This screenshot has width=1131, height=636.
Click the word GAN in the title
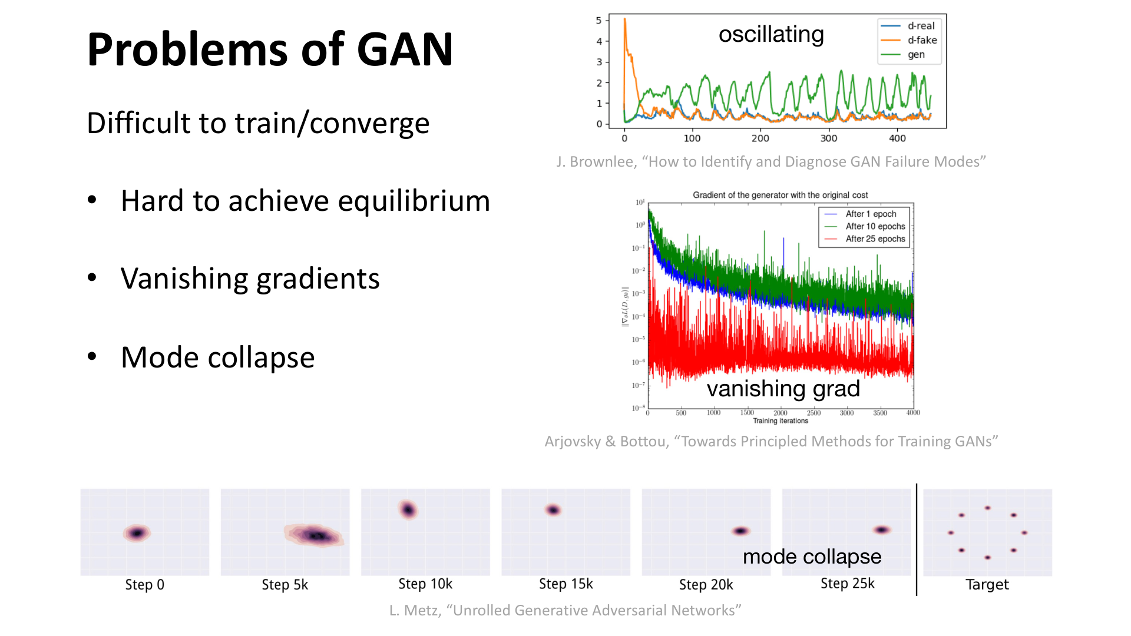tap(405, 49)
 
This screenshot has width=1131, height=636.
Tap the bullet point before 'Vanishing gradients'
tap(92, 277)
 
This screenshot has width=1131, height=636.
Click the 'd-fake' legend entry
tap(922, 40)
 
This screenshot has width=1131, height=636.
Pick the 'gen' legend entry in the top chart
tap(916, 55)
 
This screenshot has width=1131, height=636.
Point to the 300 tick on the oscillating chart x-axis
tap(828, 138)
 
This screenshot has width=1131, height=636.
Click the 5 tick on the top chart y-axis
tap(599, 21)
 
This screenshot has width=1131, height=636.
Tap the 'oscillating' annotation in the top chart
tap(770, 34)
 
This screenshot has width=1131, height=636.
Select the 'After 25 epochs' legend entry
tap(875, 238)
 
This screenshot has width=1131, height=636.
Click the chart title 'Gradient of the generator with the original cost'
tap(780, 195)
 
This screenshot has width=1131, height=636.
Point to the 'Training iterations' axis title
tap(780, 421)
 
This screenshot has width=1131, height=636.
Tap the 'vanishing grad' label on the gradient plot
tap(783, 389)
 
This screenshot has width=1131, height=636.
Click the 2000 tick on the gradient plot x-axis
tap(780, 413)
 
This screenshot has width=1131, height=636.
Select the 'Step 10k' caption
tap(425, 584)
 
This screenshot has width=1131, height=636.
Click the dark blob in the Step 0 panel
tap(137, 533)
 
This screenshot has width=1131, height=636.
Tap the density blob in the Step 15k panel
tap(553, 510)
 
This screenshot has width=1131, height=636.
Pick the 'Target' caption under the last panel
tap(987, 585)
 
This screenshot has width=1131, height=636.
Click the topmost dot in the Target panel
tap(987, 508)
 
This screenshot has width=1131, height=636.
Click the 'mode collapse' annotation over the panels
tap(812, 556)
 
